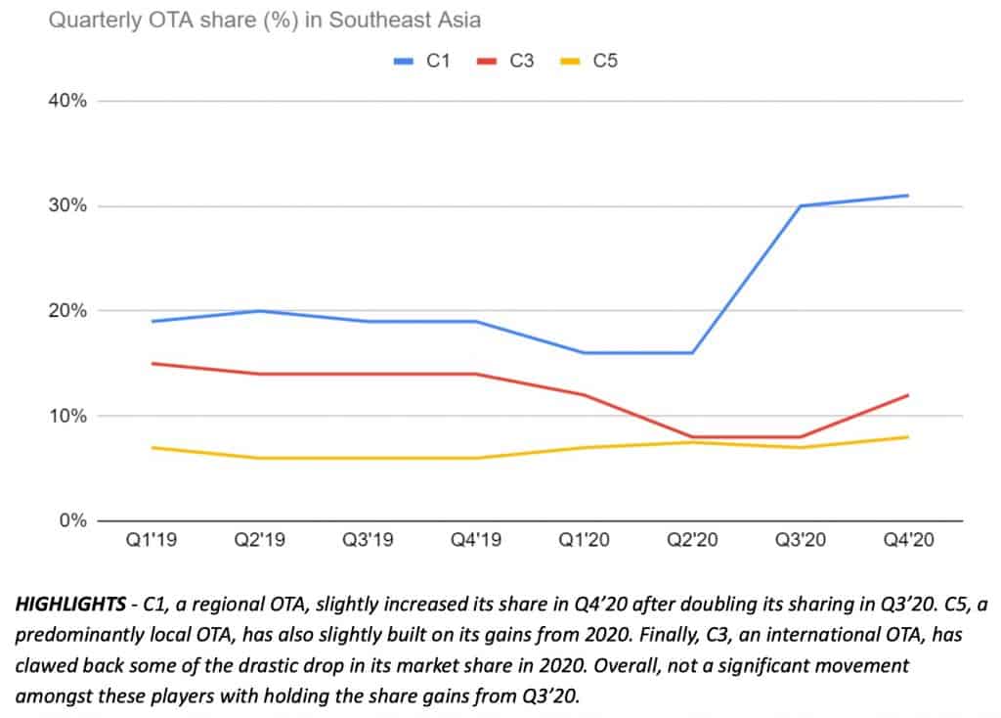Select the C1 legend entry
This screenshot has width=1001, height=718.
[422, 61]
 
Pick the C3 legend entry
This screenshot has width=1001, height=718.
[505, 61]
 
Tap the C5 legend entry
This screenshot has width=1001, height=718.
[588, 61]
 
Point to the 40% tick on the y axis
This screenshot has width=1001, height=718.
[67, 101]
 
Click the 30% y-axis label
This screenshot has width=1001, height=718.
[67, 205]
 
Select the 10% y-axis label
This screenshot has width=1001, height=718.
[67, 416]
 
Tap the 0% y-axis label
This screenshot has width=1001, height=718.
[72, 520]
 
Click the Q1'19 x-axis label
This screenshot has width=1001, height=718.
[152, 540]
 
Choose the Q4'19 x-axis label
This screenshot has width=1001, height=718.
[476, 540]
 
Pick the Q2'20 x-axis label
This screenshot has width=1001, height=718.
[693, 540]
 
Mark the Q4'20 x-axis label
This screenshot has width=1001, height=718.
[908, 540]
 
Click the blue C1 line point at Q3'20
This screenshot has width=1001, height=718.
[801, 205]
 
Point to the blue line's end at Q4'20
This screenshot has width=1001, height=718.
[908, 196]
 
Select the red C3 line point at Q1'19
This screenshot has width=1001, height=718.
[152, 364]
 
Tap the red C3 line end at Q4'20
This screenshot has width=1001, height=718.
[908, 395]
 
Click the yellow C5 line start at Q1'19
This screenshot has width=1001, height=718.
[152, 448]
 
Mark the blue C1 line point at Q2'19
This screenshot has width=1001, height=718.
[260, 311]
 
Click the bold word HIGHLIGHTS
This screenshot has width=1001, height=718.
[70, 604]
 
